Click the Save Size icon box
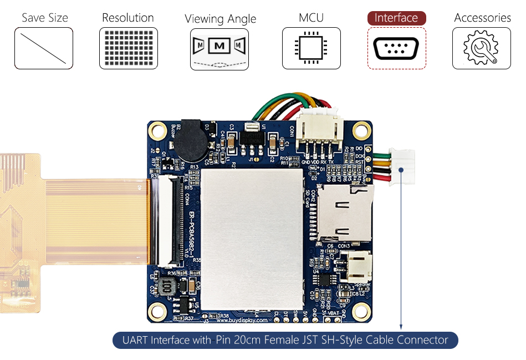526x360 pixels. [x=44, y=48]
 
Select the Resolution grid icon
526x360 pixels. [x=128, y=48]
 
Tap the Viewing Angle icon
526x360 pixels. [x=219, y=49]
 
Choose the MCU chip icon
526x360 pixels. [x=311, y=48]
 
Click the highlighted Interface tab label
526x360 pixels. [x=396, y=18]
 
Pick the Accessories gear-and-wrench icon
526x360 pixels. [x=481, y=48]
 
